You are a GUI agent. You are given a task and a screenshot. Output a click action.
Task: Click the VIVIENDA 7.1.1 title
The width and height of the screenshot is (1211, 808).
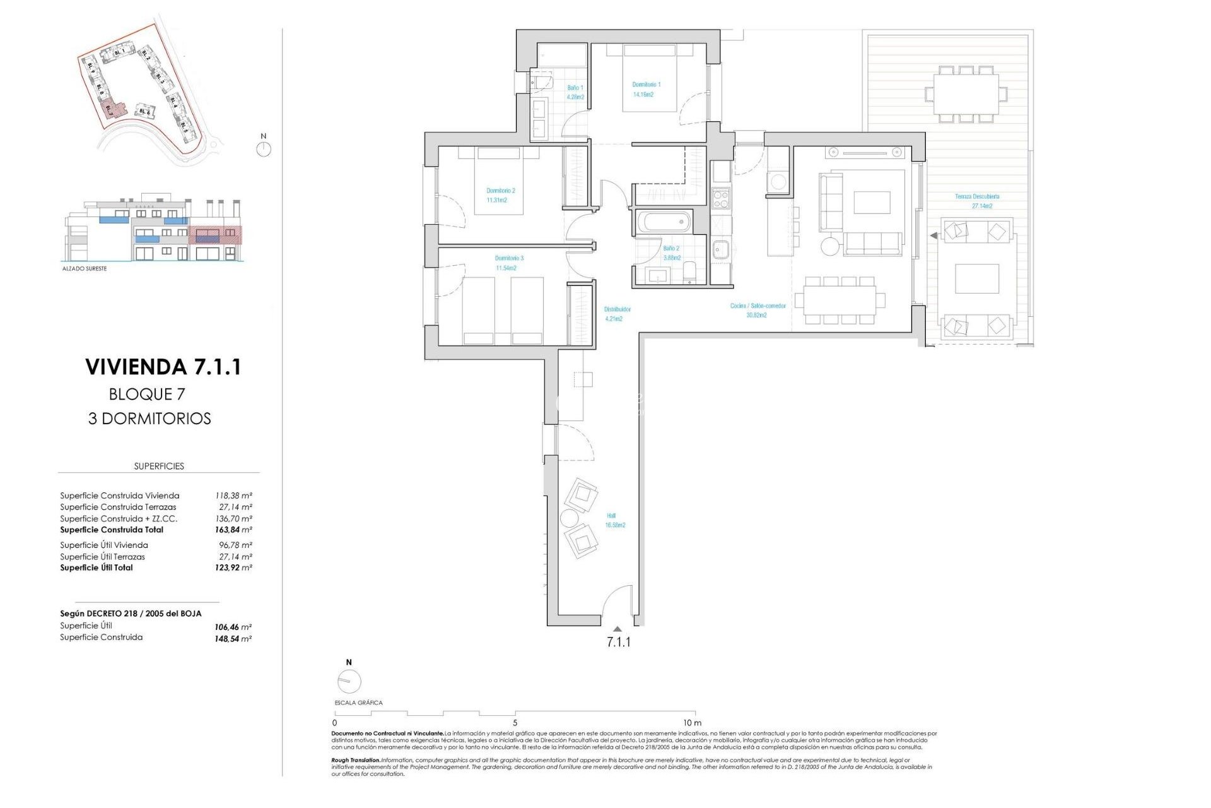[163, 367]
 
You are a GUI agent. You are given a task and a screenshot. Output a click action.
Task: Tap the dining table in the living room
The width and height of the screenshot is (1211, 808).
[839, 300]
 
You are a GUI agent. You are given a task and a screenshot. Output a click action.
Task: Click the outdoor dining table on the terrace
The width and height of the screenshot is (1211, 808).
[966, 93]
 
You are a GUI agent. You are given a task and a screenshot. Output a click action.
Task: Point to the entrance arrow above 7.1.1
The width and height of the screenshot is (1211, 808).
[617, 629]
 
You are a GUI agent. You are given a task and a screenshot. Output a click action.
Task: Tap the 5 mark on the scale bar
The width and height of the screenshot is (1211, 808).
[515, 723]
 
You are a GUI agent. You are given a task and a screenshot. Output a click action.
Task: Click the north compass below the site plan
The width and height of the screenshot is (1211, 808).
[264, 149]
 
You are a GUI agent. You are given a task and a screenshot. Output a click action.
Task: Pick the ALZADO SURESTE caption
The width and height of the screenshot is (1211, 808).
[85, 269]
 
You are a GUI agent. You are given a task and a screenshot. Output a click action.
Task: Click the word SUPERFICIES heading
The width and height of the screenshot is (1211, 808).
[159, 466]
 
